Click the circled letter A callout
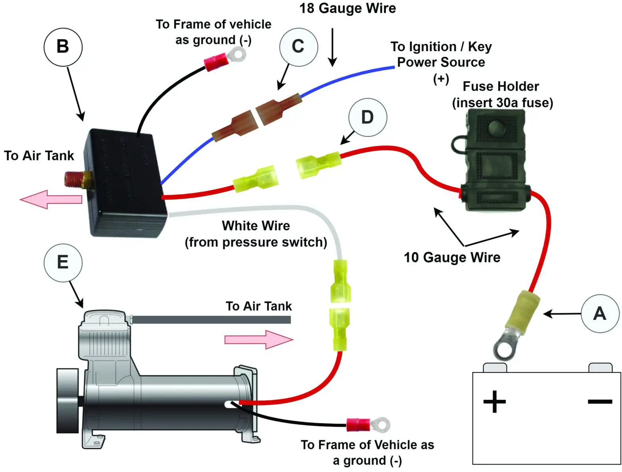click(600, 313)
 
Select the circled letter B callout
click(63, 47)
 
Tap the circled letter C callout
click(298, 47)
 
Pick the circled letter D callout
click(367, 117)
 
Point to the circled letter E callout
click(63, 262)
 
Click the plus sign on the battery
click(494, 402)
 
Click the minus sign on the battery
click(600, 402)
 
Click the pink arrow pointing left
click(51, 199)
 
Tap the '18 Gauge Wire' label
click(347, 8)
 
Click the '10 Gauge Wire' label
click(452, 258)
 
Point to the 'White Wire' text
click(256, 226)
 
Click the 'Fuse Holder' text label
click(501, 86)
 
